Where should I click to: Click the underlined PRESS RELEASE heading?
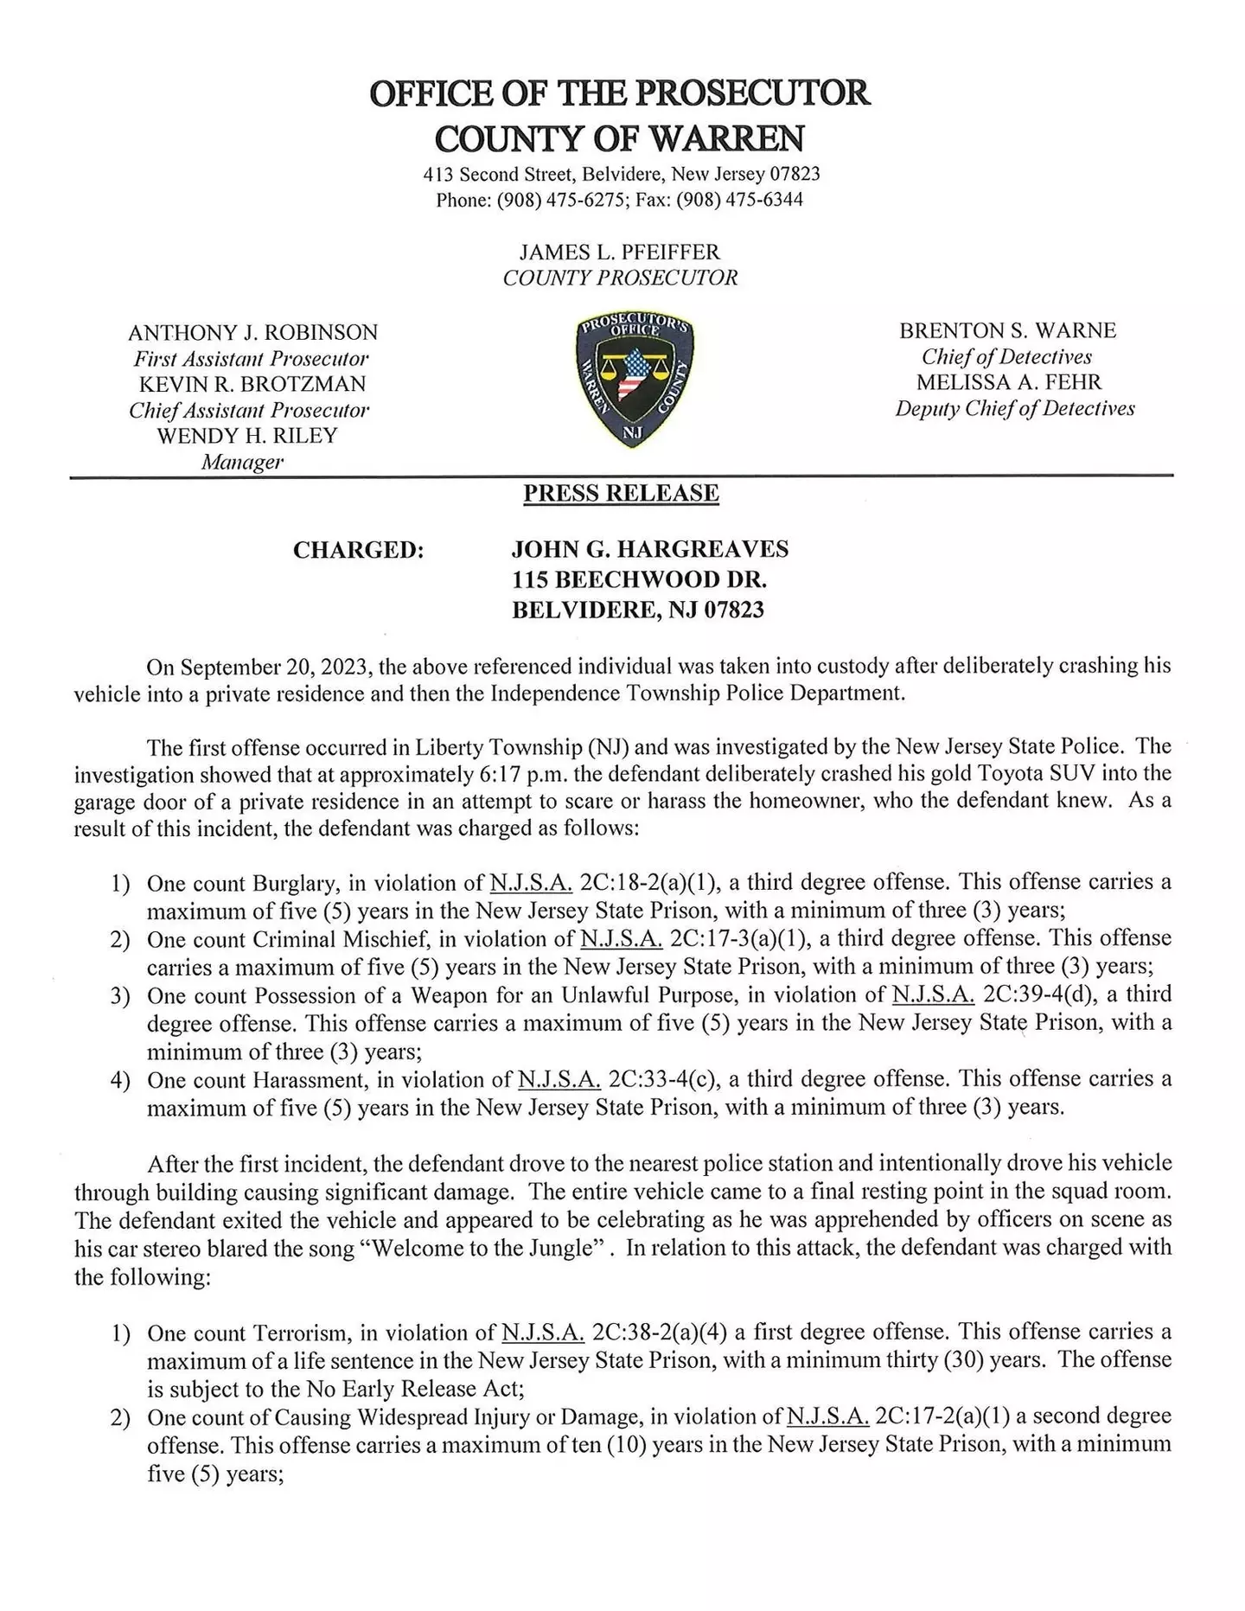point(621,494)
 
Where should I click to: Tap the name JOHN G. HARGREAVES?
point(649,549)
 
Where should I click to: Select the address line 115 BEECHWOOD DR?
point(639,579)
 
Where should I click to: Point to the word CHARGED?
point(359,550)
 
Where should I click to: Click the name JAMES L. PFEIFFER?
point(619,252)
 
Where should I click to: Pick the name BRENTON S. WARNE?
point(1007,330)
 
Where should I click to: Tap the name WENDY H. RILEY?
point(246,435)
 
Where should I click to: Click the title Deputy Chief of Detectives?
point(1014,408)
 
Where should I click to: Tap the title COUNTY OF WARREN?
point(619,138)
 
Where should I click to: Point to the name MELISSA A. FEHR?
point(1009,382)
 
